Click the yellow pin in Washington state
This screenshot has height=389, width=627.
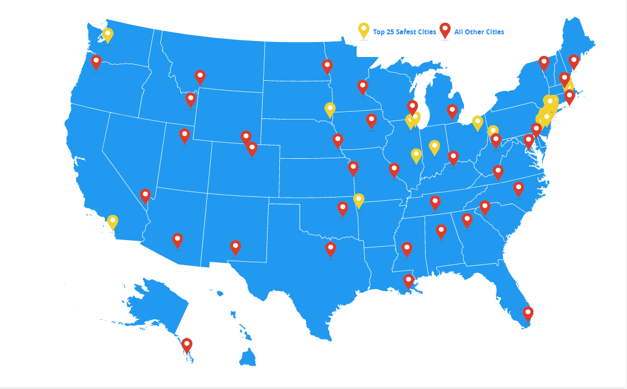click(x=108, y=35)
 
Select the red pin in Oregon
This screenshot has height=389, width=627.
click(x=96, y=61)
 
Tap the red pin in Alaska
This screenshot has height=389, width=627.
click(x=187, y=345)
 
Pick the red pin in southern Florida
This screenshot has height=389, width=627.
click(x=528, y=314)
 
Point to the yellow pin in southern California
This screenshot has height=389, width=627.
click(x=113, y=222)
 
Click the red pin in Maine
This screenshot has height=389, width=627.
click(x=574, y=61)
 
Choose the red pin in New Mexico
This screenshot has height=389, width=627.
click(x=236, y=247)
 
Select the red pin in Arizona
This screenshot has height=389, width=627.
click(x=177, y=240)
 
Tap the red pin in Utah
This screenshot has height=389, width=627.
click(x=185, y=135)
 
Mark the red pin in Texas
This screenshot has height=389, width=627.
click(x=331, y=248)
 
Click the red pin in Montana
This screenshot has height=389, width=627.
click(x=200, y=76)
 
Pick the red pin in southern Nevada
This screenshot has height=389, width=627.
click(x=145, y=196)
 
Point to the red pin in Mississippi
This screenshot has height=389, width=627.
click(x=407, y=249)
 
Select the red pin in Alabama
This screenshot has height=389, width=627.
click(x=441, y=231)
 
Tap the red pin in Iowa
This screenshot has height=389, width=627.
click(x=372, y=120)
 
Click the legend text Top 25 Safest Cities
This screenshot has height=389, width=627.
click(x=404, y=32)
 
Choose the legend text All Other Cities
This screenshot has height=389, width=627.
click(x=479, y=32)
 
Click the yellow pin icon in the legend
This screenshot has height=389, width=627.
click(x=364, y=30)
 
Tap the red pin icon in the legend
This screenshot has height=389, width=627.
click(x=445, y=30)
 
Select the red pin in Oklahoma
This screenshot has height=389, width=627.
click(x=343, y=209)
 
